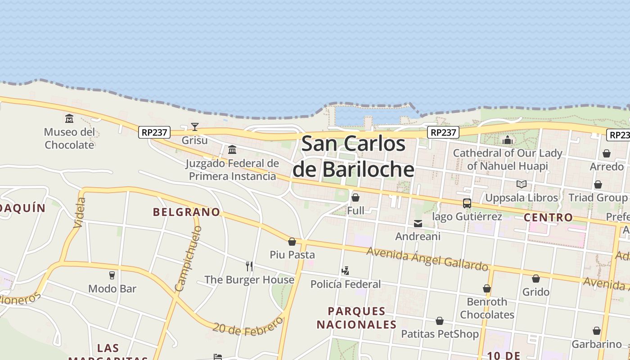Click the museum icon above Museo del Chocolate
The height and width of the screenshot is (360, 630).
tap(69, 119)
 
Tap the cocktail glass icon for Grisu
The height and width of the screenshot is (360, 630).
tap(195, 127)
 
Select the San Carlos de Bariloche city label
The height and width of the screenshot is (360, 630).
tap(353, 157)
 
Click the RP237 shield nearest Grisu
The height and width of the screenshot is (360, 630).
tap(154, 132)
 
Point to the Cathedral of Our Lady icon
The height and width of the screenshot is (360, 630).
tap(508, 140)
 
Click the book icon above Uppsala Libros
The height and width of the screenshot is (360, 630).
tap(522, 184)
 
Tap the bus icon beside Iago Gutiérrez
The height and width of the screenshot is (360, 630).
tap(467, 203)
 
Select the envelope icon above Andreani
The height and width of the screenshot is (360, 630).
tap(418, 223)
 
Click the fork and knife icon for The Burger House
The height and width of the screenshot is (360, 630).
tap(249, 266)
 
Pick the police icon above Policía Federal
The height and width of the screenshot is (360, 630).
tap(345, 271)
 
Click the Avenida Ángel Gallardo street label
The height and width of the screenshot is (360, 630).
tap(427, 259)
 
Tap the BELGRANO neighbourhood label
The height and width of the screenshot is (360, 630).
tap(186, 212)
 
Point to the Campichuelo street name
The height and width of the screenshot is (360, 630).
tap(188, 259)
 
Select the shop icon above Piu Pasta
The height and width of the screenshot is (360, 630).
tap(292, 242)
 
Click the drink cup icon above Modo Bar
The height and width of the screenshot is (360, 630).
tap(112, 275)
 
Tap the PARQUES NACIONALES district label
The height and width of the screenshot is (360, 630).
tap(356, 318)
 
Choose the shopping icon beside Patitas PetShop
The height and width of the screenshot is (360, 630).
tap(440, 321)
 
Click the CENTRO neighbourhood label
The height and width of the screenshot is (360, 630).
tap(548, 217)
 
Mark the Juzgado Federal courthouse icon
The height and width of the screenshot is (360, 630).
tap(232, 149)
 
